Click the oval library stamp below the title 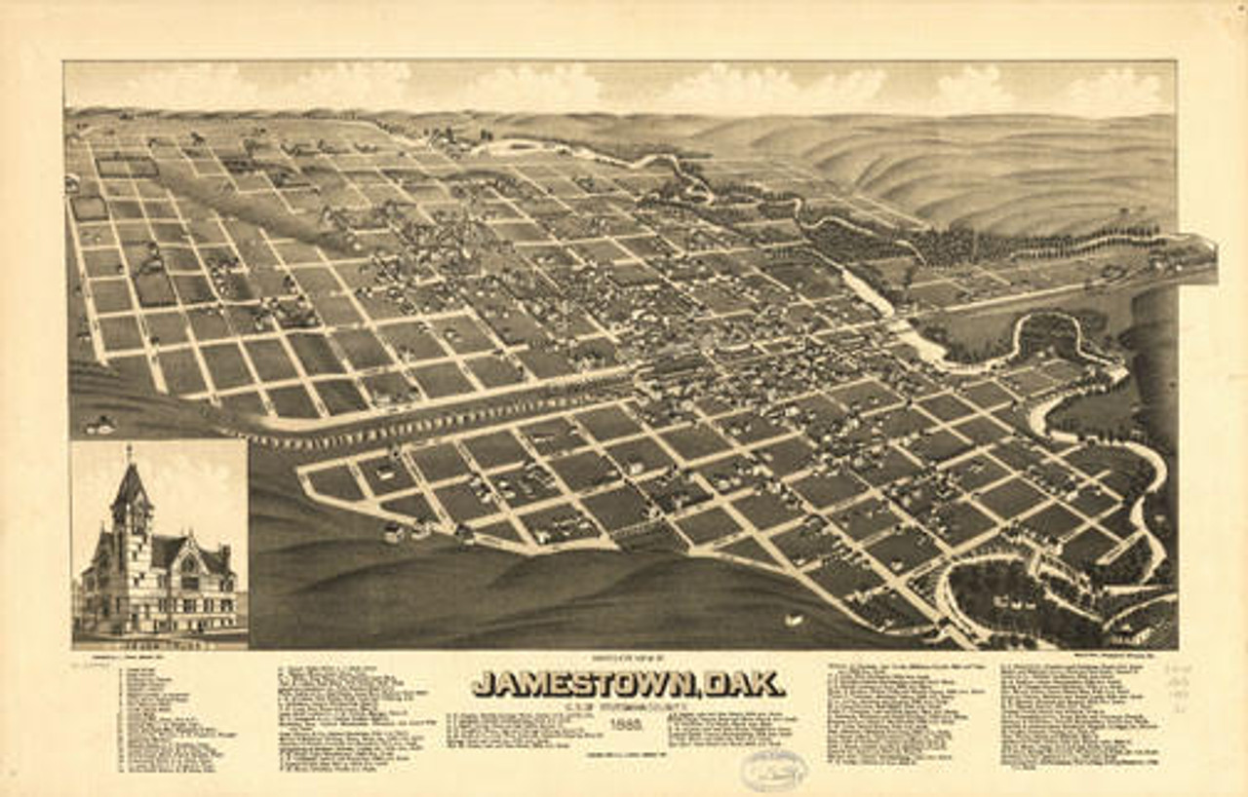coord(773,770)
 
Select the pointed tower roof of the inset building coord(131,484)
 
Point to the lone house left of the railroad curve coord(99,424)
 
